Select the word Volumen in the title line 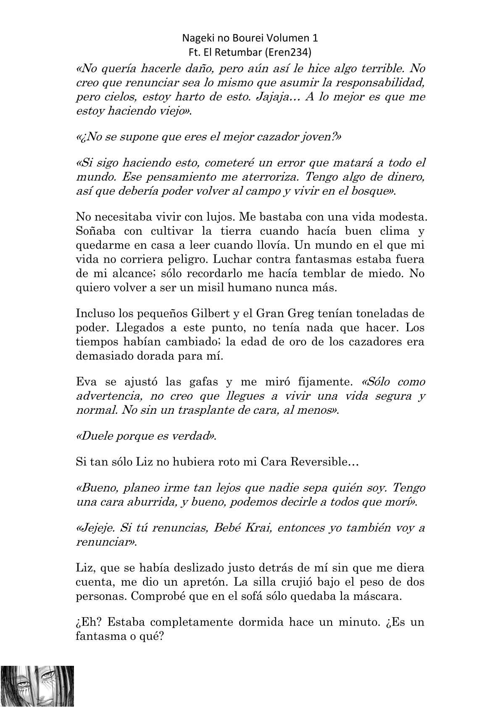click(x=289, y=38)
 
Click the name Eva click(x=86, y=382)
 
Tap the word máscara click(x=378, y=597)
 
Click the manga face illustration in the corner click(x=37, y=685)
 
